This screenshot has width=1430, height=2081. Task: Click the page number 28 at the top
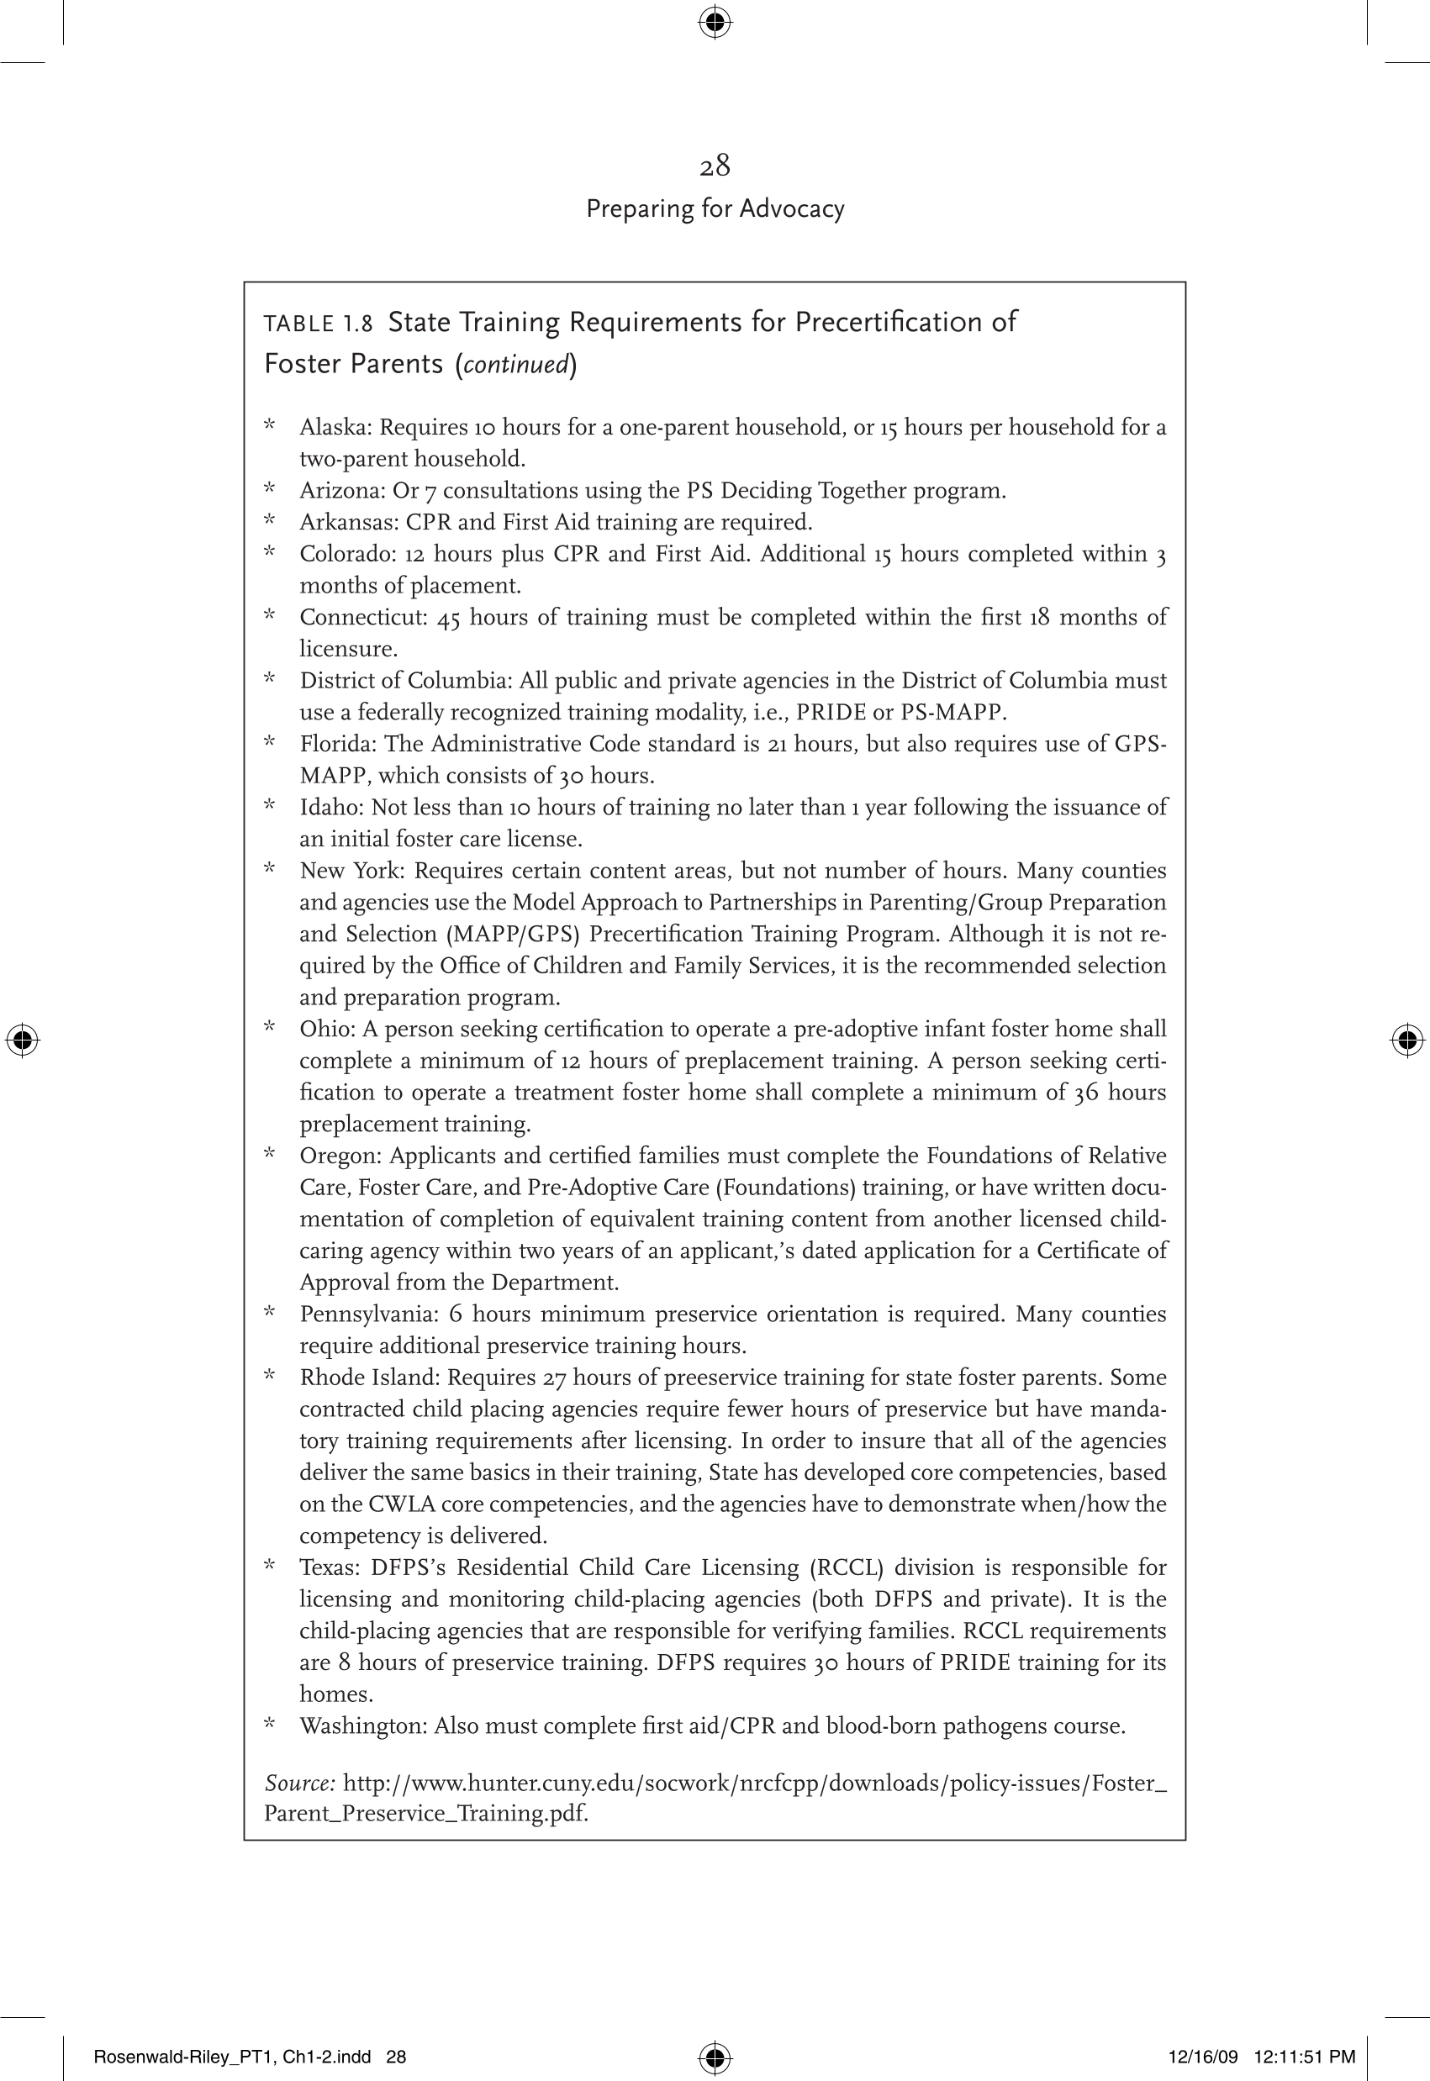(x=714, y=166)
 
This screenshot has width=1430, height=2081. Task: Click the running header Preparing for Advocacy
(x=714, y=208)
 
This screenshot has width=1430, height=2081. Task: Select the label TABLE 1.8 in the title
(x=318, y=324)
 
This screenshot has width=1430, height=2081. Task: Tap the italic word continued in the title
(x=516, y=365)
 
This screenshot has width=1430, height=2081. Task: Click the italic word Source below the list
(x=299, y=1783)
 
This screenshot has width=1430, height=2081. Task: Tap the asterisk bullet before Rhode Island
(x=269, y=1376)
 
